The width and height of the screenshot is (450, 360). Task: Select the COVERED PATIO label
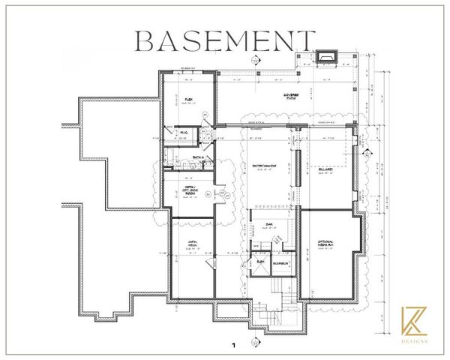[290, 97]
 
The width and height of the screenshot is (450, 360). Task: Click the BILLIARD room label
[325, 171]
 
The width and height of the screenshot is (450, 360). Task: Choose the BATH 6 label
[198, 157]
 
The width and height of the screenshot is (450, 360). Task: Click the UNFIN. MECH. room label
[192, 243]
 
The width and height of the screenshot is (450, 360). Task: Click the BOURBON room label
[283, 264]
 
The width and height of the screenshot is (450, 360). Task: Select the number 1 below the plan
[233, 346]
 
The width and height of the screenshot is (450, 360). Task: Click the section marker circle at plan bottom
[256, 343]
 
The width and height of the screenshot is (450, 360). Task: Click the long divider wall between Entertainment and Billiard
[298, 170]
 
